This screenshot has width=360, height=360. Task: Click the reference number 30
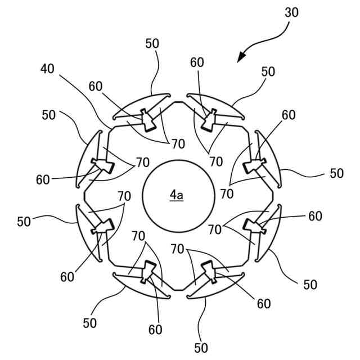pos(291,12)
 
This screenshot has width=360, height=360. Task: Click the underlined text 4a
pos(177,195)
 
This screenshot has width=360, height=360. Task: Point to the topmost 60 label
pos(197,63)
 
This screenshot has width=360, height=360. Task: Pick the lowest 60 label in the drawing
pos(155,330)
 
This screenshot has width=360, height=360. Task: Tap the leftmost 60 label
pos(43,180)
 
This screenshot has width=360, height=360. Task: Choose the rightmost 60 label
pos(315,216)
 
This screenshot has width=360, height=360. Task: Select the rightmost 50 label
pos(336,173)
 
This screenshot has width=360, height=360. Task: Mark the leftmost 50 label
pos(24,222)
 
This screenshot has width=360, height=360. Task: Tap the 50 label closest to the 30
pos(268,71)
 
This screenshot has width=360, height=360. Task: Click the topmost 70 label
pos(178,144)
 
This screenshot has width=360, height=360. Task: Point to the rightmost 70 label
pos(227,193)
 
